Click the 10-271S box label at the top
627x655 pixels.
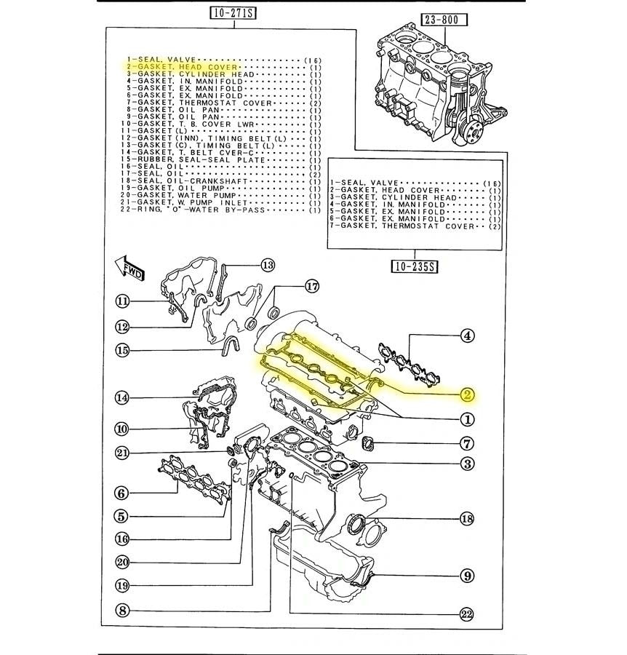pyautogui.click(x=233, y=12)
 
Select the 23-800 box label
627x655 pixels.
pyautogui.click(x=439, y=20)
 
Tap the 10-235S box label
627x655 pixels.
pyautogui.click(x=413, y=266)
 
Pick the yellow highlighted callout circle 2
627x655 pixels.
pyautogui.click(x=467, y=395)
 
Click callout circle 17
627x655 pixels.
pyautogui.click(x=312, y=286)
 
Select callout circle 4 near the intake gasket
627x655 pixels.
pyautogui.click(x=467, y=336)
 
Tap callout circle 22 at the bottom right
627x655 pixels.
pyautogui.click(x=466, y=615)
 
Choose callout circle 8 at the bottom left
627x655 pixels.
pyautogui.click(x=123, y=611)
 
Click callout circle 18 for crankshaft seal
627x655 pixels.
pyautogui.click(x=466, y=519)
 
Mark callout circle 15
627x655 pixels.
pyautogui.click(x=123, y=351)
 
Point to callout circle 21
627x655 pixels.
pyautogui.click(x=123, y=453)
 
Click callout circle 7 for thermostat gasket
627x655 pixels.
pyautogui.click(x=466, y=442)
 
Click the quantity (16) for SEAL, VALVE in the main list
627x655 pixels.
pyautogui.click(x=313, y=59)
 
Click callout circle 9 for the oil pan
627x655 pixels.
pyautogui.click(x=466, y=576)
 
